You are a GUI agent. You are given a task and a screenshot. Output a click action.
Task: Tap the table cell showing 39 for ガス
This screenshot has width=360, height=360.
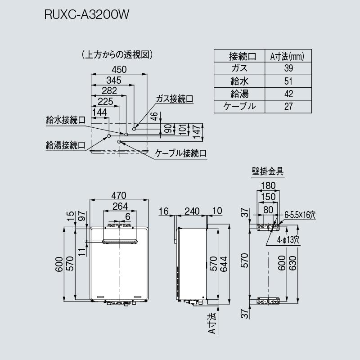288,69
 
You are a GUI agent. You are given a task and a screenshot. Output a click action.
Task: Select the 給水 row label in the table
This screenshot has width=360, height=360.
239,81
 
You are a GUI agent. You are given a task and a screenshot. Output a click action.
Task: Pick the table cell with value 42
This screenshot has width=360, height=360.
288,94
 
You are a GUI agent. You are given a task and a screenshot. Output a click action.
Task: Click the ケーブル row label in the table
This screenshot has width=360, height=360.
239,107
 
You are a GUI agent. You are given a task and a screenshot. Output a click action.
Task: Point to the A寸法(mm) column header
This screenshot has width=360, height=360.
288,56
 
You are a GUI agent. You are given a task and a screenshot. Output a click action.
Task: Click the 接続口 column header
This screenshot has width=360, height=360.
239,56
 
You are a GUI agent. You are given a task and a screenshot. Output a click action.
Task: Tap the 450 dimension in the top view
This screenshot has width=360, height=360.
119,70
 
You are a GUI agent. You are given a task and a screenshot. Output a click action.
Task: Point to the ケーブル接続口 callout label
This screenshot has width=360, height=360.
181,153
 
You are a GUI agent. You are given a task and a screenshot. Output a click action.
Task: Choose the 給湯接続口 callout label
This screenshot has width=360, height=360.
66,145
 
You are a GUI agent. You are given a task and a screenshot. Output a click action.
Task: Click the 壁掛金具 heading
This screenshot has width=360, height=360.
268,171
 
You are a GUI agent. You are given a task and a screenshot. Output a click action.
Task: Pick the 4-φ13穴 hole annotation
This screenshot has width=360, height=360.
288,240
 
